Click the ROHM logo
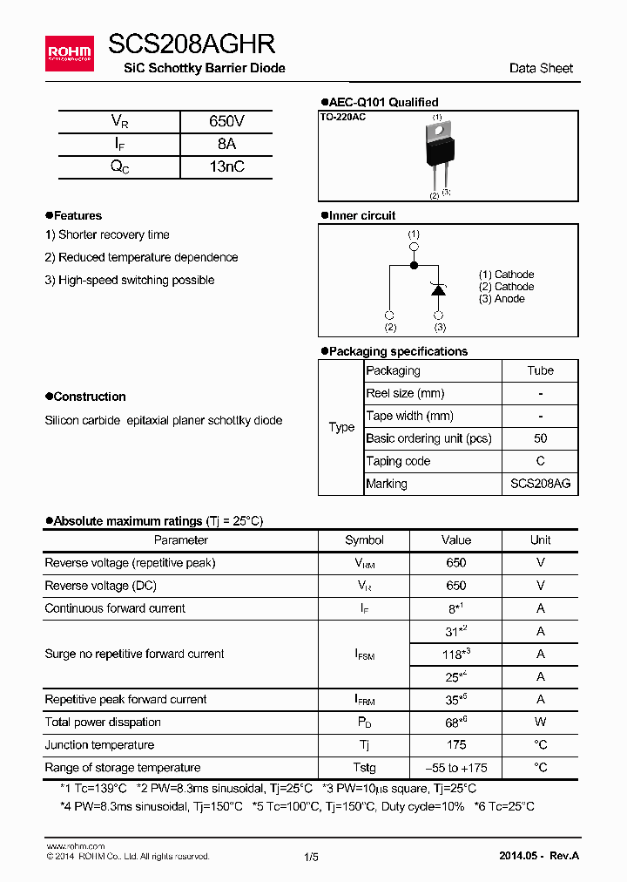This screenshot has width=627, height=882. [70, 53]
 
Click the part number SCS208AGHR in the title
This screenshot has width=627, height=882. [192, 44]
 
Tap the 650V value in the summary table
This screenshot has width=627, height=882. [226, 122]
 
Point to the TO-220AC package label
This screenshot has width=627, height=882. [343, 117]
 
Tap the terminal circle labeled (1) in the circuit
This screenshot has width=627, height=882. [414, 248]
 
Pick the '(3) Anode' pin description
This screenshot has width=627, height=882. [502, 299]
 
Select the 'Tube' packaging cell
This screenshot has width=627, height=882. [540, 370]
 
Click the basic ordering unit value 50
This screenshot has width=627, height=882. [540, 438]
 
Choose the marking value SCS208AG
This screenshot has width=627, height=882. [540, 484]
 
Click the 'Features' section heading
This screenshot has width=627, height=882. [78, 216]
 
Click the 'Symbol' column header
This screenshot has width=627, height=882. [364, 540]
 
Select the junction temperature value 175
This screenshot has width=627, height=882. [455, 745]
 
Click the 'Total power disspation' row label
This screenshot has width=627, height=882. [103, 723]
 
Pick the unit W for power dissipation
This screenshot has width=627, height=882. [540, 723]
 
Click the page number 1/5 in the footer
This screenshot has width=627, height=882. [311, 857]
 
